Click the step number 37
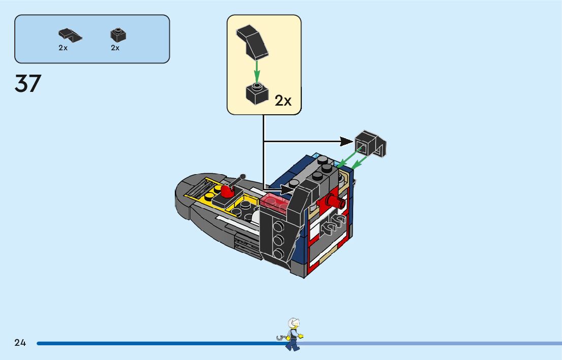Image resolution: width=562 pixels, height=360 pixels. pos(28,84)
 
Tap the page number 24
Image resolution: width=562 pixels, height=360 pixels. pos(20,343)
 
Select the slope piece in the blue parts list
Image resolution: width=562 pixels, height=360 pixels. pos(69,35)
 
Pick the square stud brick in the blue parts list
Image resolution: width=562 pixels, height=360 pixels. pos(118,35)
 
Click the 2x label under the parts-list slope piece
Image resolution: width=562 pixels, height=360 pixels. pos(63,48)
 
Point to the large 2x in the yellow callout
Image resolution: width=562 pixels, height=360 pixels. pos(283,101)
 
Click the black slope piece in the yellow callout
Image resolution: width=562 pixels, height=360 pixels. pos(253,41)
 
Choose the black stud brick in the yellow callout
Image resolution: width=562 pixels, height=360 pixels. pos(257,93)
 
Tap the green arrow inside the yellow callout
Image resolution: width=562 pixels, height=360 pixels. pos(257,71)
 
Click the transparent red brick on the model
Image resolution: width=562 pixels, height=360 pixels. pos(275,201)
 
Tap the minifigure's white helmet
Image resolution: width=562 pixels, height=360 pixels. pos(294,323)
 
